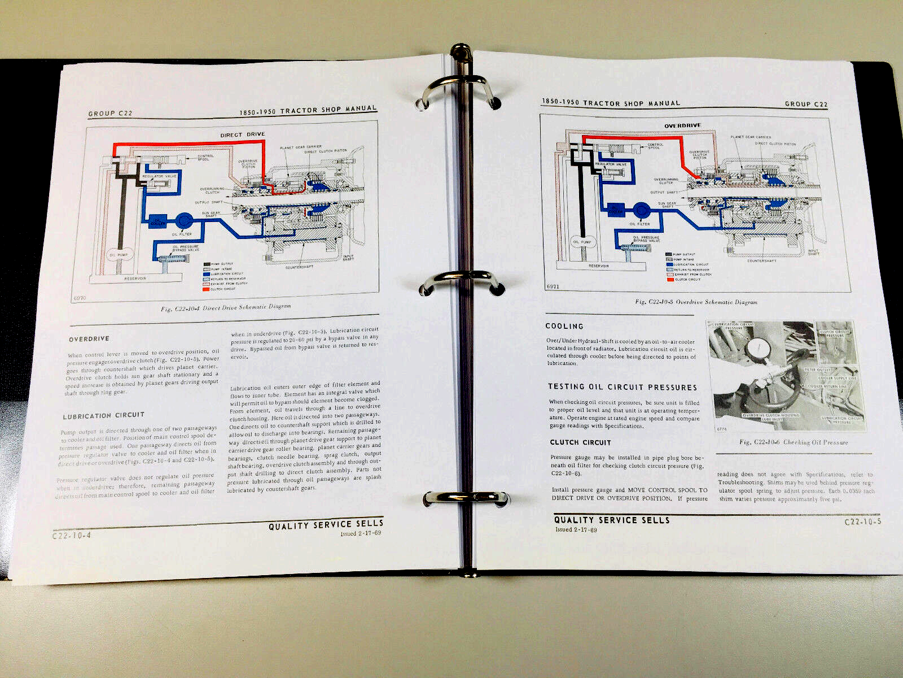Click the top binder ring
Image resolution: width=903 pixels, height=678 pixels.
coord(458,90)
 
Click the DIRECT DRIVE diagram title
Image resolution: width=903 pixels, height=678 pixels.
coord(242,135)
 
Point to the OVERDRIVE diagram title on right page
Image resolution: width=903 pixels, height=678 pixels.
coord(682,126)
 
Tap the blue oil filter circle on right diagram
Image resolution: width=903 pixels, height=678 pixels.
coord(640,210)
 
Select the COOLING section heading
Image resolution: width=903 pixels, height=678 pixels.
coord(564,326)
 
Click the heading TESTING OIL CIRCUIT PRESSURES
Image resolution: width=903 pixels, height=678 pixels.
coord(622,387)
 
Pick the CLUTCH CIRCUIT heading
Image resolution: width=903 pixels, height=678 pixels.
coord(580,442)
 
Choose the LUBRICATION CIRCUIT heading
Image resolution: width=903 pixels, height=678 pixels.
coord(103,416)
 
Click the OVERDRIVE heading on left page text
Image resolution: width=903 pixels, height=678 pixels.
coord(89,340)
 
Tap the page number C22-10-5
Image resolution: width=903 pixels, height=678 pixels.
coord(862,522)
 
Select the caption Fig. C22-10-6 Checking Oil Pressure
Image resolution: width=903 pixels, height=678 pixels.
coord(793,442)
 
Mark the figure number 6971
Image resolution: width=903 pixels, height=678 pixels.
coord(553,286)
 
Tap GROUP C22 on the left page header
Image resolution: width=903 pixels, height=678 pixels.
coord(110,114)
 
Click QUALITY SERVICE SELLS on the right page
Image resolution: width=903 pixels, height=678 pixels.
coord(611,520)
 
